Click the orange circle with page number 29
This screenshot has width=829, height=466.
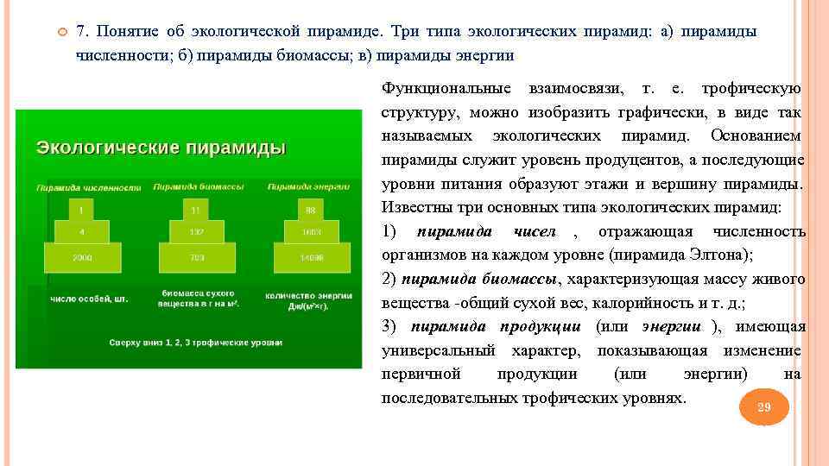(x=763, y=407)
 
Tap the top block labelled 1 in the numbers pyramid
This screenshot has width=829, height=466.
(x=81, y=209)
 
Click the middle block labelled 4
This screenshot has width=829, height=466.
(x=81, y=231)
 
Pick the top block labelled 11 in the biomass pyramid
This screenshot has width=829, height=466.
(x=197, y=209)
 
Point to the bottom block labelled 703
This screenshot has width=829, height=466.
(x=197, y=257)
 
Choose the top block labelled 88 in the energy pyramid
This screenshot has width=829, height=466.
(x=309, y=209)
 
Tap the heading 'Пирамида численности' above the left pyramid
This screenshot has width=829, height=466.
(x=88, y=186)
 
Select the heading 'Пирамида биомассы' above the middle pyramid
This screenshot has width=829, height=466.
(x=198, y=186)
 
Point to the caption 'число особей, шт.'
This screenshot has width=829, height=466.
(x=88, y=299)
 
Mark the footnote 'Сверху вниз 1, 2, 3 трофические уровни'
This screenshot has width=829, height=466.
(x=196, y=342)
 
